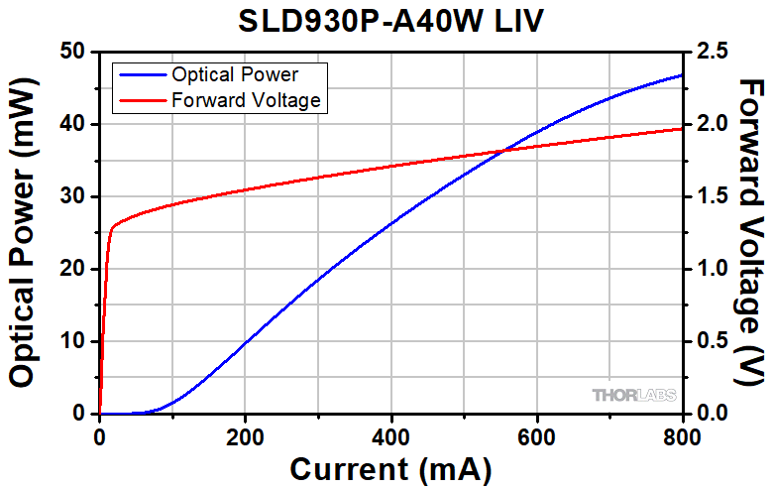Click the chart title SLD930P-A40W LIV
click(x=390, y=20)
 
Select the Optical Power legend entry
click(x=235, y=74)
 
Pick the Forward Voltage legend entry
click(x=245, y=99)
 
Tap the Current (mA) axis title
click(x=389, y=468)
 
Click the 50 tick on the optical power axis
click(x=74, y=52)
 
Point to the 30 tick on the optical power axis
click(x=74, y=196)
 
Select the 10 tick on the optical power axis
click(x=74, y=341)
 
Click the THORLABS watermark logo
click(x=634, y=395)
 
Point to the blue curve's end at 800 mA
click(x=682, y=75)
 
